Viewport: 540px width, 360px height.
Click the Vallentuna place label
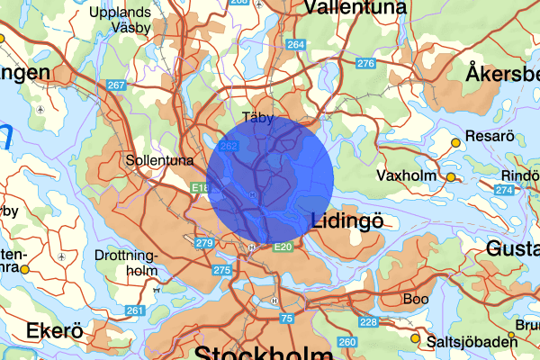point(355,8)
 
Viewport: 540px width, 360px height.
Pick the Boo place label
point(416,298)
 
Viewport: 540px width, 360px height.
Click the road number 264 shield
point(295,44)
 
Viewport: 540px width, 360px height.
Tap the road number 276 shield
point(364,63)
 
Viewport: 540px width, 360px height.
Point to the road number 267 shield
point(115,85)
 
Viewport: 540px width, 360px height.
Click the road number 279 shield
point(203,243)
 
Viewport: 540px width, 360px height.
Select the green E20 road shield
point(283,247)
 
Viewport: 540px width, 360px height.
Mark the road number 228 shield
point(367,322)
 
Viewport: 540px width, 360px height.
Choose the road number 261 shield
point(134,310)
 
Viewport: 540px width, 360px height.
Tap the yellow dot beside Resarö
point(456,142)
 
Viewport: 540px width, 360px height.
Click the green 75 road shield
point(286,319)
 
